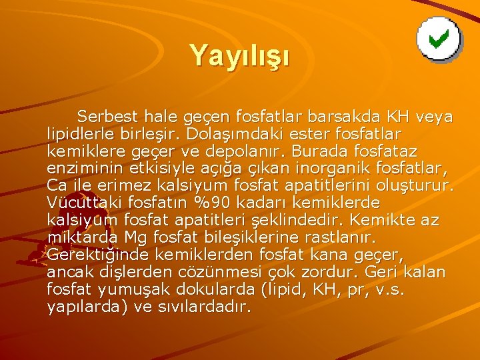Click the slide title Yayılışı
click(x=239, y=55)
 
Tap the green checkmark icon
click(x=437, y=39)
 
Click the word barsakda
click(x=351, y=117)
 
